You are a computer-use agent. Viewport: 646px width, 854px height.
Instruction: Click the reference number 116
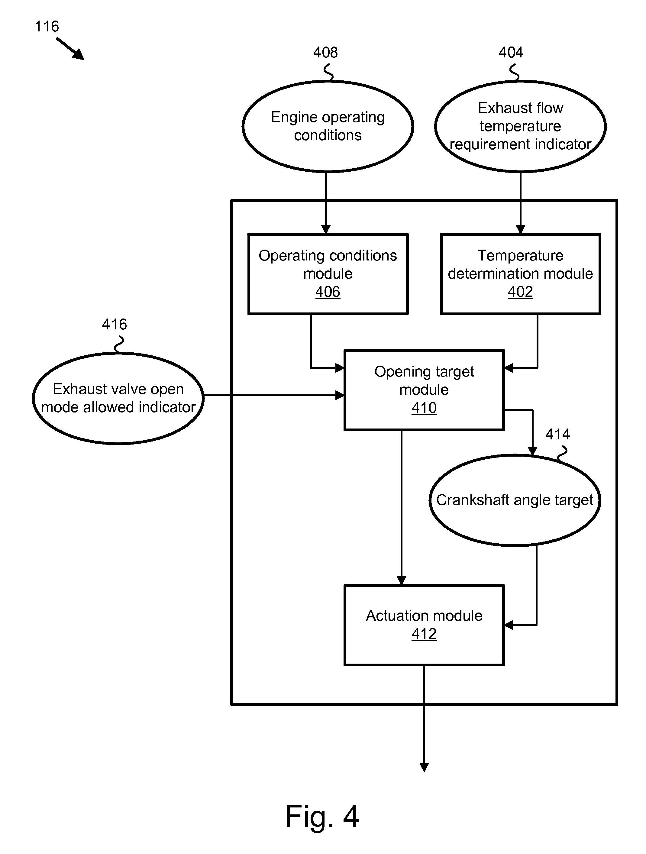pyautogui.click(x=47, y=27)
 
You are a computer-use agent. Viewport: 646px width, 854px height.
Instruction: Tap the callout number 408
pyautogui.click(x=325, y=53)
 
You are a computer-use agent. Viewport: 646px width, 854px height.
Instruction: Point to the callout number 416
pyautogui.click(x=114, y=324)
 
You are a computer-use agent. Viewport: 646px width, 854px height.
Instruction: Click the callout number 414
pyautogui.click(x=557, y=435)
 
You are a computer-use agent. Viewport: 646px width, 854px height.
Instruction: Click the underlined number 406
pyautogui.click(x=328, y=292)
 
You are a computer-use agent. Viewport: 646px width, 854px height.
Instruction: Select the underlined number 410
pyautogui.click(x=424, y=408)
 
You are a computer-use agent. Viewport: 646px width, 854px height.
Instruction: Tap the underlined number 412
pyautogui.click(x=424, y=634)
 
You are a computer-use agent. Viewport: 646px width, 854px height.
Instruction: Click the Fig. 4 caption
pyautogui.click(x=322, y=817)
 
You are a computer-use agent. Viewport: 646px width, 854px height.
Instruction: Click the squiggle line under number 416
pyautogui.click(x=119, y=344)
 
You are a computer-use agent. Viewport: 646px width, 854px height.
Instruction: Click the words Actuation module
pyautogui.click(x=424, y=616)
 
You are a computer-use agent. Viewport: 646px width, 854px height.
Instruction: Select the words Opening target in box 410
pyautogui.click(x=424, y=372)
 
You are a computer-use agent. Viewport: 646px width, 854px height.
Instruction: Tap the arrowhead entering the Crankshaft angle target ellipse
pyautogui.click(x=532, y=451)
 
